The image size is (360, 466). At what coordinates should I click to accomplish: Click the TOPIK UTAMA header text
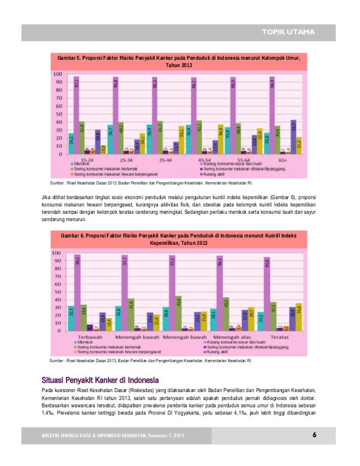[292, 31]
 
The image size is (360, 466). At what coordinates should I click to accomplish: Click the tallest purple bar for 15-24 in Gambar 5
[76, 116]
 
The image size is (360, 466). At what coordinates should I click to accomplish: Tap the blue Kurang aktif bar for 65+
[293, 137]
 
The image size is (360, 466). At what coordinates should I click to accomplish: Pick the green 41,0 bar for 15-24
[82, 138]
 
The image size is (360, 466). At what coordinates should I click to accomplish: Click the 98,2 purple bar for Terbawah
[77, 292]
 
